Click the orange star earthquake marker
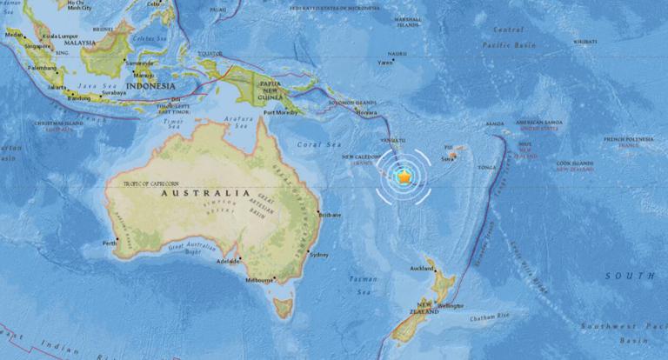click(x=404, y=177)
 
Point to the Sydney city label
click(x=319, y=254)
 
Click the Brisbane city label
click(x=331, y=214)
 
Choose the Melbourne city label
click(x=260, y=280)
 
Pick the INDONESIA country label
click(x=150, y=86)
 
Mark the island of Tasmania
click(x=281, y=306)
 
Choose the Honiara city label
click(x=368, y=114)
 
